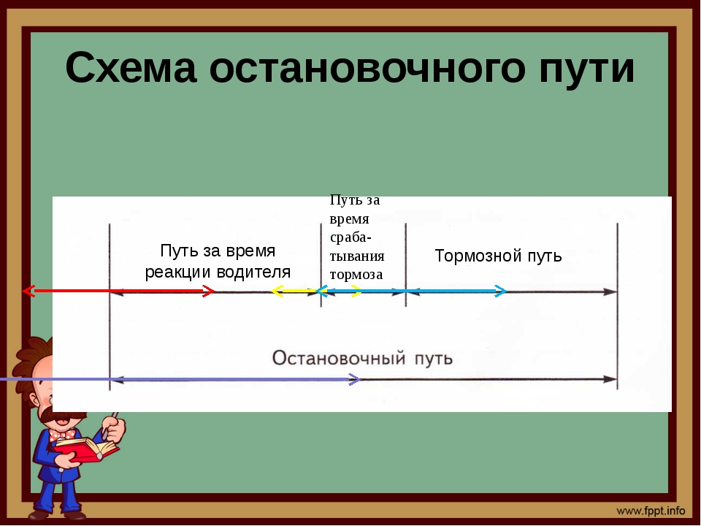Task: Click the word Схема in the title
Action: point(131,67)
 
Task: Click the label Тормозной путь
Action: point(498,256)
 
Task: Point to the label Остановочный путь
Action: point(363,358)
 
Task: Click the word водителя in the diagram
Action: point(253,272)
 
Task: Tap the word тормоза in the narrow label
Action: point(356,274)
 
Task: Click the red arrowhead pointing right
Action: point(209,291)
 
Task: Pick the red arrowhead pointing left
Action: point(28,291)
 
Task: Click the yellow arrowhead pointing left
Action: point(277,291)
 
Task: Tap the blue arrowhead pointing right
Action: point(501,291)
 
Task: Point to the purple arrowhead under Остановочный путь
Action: point(354,380)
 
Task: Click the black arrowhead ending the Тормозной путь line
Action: point(610,291)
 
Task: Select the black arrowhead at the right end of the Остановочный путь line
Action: point(610,379)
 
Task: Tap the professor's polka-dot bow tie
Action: point(61,434)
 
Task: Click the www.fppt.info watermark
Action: point(651,511)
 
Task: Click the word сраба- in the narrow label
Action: point(350,237)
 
